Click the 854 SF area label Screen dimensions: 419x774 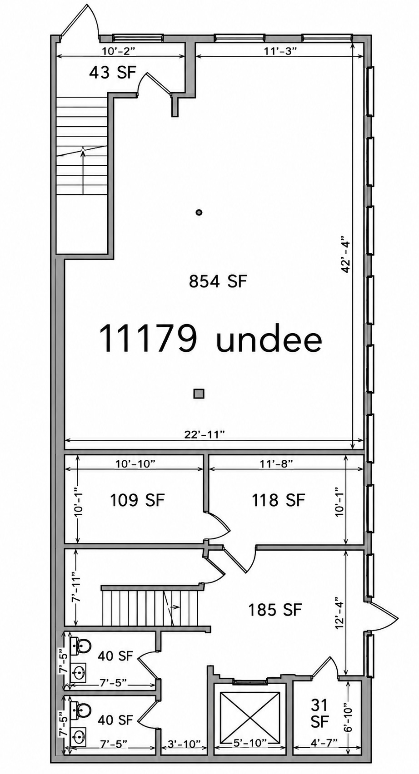pos(218,281)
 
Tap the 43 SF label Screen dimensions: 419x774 pos(113,73)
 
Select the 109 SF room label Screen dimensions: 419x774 pos(137,500)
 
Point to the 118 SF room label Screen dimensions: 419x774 pos(279,500)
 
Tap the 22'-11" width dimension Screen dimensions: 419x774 pos(205,434)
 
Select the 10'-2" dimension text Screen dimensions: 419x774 pos(118,51)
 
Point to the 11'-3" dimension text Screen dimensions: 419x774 pos(280,51)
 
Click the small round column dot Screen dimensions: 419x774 pos(199,212)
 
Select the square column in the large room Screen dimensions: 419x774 pos(199,394)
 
